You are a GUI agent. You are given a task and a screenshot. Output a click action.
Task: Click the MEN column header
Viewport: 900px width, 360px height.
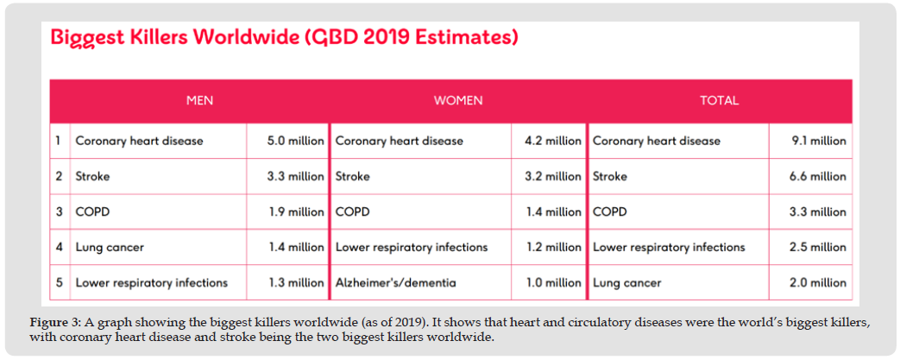pos(199,100)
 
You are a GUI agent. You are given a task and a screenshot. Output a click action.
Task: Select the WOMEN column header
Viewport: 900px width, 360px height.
pos(457,100)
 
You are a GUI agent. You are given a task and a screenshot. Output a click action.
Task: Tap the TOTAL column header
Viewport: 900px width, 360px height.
pos(719,100)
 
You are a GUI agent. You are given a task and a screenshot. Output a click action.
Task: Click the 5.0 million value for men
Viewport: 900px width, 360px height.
pos(296,141)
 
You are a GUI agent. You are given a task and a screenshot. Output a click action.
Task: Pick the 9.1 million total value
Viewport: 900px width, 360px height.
pos(819,141)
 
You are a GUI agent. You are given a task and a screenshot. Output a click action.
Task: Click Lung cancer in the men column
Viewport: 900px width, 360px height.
pos(110,247)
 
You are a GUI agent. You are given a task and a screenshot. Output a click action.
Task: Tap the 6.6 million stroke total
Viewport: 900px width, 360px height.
pos(819,176)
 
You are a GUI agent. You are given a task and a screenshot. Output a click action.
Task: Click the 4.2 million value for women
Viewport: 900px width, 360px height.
pos(553,141)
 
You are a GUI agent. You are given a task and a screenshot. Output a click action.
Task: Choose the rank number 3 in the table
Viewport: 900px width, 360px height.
pos(59,212)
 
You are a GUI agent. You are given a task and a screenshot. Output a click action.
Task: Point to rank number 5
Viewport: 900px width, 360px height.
pos(59,282)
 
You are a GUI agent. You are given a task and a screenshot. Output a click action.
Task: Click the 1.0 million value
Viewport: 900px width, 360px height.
pos(553,282)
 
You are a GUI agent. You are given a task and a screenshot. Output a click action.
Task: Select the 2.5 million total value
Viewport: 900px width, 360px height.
pos(819,247)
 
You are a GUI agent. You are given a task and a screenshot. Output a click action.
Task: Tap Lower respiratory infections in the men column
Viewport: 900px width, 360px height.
pos(151,282)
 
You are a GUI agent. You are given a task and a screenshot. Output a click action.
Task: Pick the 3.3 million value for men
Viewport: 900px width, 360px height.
pos(296,176)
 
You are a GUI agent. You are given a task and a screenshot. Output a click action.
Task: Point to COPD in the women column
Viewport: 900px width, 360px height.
pos(352,212)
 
